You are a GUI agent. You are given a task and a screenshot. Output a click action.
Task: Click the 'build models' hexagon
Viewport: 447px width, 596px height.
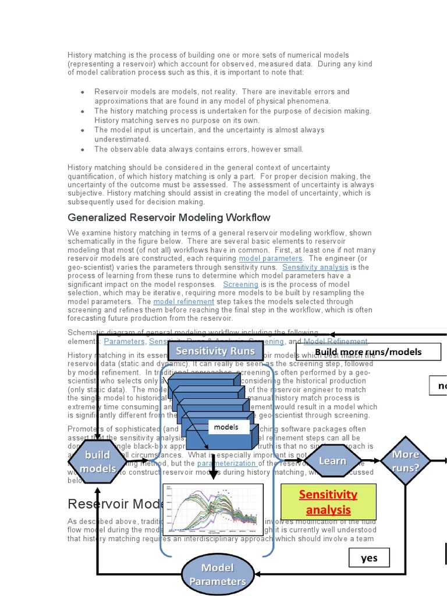97,462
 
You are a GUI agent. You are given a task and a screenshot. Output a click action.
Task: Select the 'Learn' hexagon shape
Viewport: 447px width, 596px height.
332,460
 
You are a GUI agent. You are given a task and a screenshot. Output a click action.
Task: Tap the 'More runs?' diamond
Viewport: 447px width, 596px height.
406,460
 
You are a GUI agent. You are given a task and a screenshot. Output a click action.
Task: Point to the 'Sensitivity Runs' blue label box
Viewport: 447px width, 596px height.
215,351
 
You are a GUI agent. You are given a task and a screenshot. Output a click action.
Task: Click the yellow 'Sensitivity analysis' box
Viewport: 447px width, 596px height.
328,502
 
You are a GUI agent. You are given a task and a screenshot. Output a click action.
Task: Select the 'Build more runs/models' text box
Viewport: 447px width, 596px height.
368,352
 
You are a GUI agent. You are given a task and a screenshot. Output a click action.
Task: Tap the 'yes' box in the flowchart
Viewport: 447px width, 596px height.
368,558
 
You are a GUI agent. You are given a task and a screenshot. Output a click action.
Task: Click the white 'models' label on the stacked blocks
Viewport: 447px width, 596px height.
226,427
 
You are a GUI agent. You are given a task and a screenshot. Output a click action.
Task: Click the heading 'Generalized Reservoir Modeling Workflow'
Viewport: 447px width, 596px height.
169,218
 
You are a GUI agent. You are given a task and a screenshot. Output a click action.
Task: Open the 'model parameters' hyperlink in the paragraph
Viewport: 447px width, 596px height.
271,258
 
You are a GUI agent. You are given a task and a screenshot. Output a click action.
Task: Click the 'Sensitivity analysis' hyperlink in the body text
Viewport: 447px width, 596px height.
316,267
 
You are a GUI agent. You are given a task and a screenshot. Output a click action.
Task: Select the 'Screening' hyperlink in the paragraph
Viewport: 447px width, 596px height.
241,285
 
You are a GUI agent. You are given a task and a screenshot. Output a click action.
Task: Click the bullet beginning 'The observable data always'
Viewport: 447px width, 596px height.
198,149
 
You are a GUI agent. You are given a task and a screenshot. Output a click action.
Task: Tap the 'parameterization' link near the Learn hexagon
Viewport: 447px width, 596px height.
227,463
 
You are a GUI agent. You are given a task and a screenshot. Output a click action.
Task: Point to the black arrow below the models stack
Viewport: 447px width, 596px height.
214,466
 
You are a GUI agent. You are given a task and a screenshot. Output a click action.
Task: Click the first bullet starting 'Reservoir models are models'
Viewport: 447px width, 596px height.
221,96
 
